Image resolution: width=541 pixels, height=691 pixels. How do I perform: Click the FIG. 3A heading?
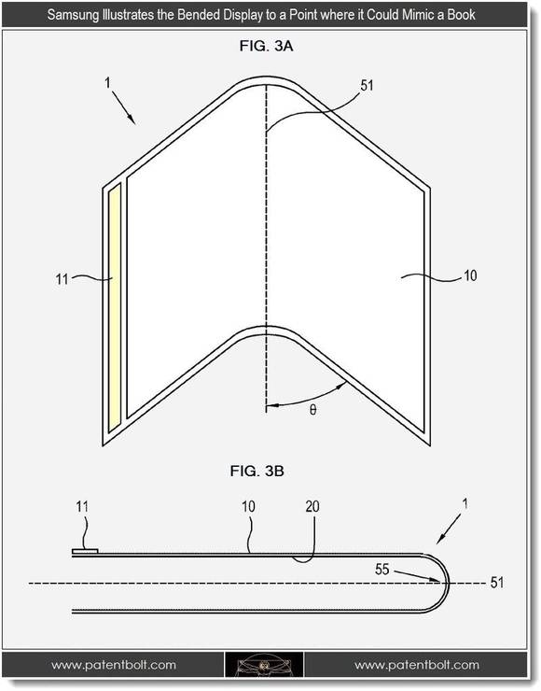(x=266, y=46)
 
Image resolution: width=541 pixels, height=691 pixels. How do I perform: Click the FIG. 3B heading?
(x=257, y=472)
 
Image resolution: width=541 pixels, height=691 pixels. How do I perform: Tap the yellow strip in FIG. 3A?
(x=115, y=308)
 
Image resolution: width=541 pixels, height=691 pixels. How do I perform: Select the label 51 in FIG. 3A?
(x=367, y=85)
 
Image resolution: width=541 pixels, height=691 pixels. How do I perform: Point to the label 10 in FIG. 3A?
(x=470, y=275)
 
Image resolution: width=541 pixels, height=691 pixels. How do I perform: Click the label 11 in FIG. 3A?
(x=62, y=279)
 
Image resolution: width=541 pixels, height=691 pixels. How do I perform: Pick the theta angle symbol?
(x=312, y=410)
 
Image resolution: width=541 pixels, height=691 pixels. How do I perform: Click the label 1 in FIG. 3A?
(x=108, y=82)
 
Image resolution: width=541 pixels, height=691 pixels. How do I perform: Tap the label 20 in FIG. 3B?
(x=312, y=507)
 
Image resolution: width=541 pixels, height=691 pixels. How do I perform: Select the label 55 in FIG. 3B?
(x=382, y=569)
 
